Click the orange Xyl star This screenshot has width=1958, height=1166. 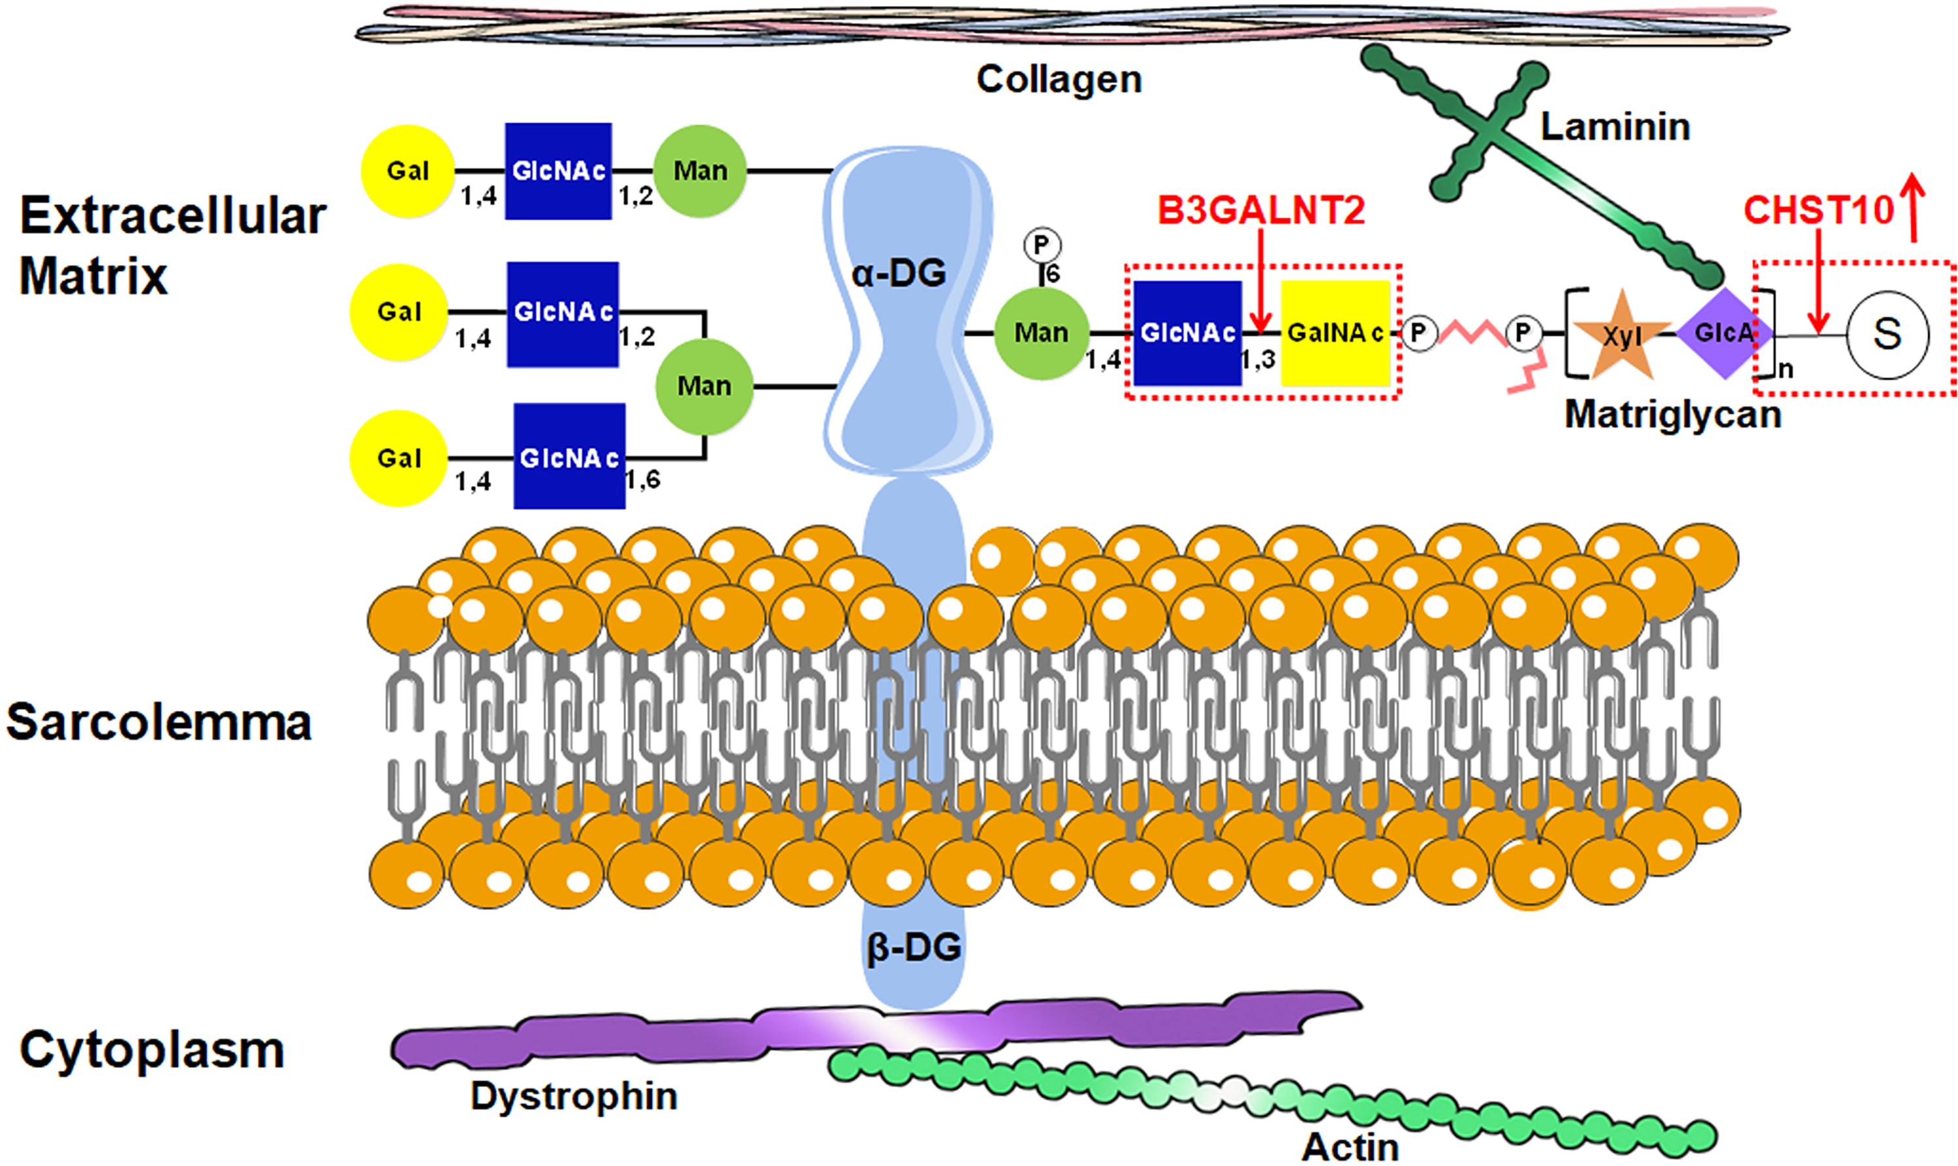[x=1622, y=336]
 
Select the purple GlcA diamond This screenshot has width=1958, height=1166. [x=1724, y=333]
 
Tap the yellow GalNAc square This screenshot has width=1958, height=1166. [x=1335, y=333]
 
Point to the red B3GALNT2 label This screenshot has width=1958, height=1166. [x=1262, y=210]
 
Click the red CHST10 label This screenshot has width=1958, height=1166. [x=1819, y=210]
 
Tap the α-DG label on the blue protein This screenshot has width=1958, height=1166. [x=899, y=274]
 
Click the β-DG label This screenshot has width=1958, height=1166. [x=914, y=947]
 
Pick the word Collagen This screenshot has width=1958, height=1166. [x=1059, y=80]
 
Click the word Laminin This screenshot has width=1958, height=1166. [x=1615, y=127]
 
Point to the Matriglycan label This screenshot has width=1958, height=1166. [x=1673, y=414]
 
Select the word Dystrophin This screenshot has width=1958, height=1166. [x=574, y=1096]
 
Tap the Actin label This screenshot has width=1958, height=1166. [x=1350, y=1147]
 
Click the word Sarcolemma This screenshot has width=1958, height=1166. [x=159, y=722]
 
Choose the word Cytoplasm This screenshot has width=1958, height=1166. [x=151, y=1050]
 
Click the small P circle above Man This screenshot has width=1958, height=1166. [x=1042, y=245]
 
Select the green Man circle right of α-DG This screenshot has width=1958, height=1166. [x=1042, y=333]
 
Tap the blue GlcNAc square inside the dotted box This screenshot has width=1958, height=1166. [x=1187, y=333]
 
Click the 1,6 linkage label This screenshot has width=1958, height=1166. [x=642, y=479]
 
